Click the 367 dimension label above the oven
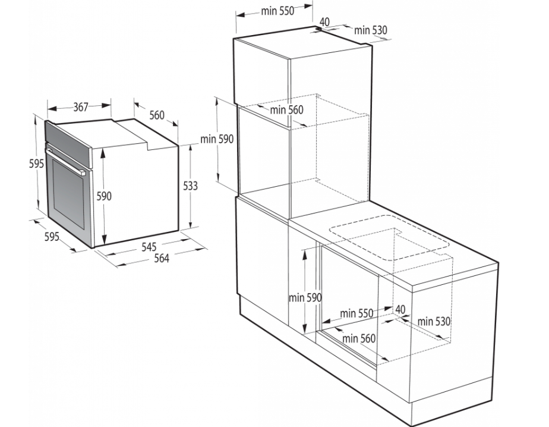coord(81,106)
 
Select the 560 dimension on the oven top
coord(157,115)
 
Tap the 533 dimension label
coord(191,186)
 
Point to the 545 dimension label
coord(149,247)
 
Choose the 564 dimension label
coord(162,258)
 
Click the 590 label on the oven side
coord(104,196)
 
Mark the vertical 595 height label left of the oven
coord(36,164)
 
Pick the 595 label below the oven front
coord(52,237)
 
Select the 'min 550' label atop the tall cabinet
coord(277,11)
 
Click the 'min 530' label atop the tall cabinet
coord(371,30)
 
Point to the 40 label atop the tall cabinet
coord(324,22)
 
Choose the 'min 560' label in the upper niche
coord(287,110)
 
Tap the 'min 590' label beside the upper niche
coord(217,139)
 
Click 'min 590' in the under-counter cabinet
coord(305,297)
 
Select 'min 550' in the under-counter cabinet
coord(356,313)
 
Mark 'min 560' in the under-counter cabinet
coord(359,338)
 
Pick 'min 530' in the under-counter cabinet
coord(434,321)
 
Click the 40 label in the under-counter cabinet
coord(400,309)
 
